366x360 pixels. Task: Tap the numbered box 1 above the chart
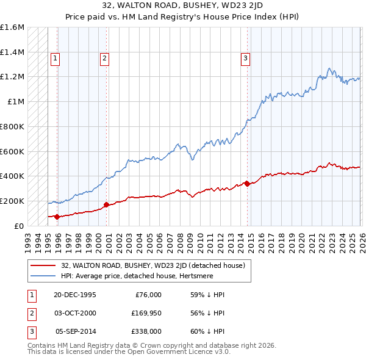[x=55, y=59]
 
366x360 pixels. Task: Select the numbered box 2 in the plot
[x=104, y=59]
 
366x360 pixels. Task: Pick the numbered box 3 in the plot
[x=245, y=59]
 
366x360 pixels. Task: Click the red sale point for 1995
[x=57, y=216]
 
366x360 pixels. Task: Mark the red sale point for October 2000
[x=106, y=204]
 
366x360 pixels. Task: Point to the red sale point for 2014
[x=247, y=184]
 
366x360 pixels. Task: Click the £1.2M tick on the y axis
[x=12, y=77]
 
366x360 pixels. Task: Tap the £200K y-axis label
[x=12, y=201]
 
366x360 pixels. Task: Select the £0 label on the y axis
[x=20, y=226]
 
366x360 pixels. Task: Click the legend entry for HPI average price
[x=156, y=276]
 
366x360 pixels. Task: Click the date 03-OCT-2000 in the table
[x=75, y=313]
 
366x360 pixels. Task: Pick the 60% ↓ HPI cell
[x=208, y=331]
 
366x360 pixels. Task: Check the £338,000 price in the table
[x=146, y=331]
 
